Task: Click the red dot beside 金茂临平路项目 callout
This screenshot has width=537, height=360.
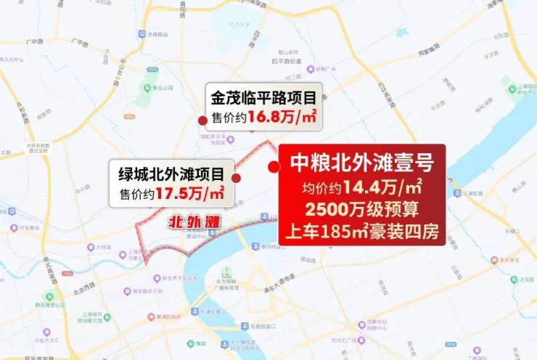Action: pos(202,119)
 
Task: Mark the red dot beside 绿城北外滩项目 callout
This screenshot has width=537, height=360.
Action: pos(237,176)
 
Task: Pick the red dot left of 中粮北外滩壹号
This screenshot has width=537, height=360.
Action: pos(274,167)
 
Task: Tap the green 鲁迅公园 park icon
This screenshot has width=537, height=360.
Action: pos(155,78)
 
